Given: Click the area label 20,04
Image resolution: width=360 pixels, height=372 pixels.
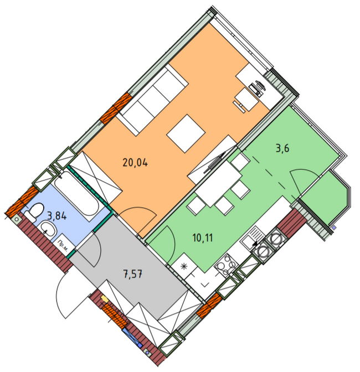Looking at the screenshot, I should pos(136,163).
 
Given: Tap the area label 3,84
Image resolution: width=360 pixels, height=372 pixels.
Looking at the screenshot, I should pos(56,216).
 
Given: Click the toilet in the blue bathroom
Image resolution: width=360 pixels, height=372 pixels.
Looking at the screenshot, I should pos(34,211).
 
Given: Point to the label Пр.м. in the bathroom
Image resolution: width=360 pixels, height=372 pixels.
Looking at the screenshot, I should pos(63,246).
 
